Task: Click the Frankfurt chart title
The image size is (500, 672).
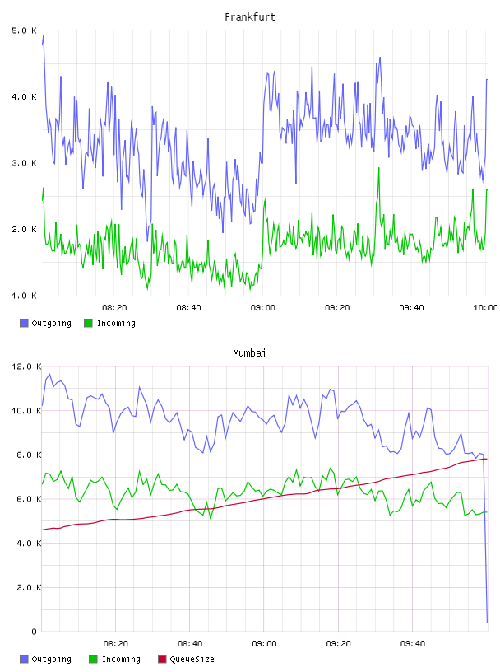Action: click(250, 17)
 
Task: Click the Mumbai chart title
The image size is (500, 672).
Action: click(249, 353)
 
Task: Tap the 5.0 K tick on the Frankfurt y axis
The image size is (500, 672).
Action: click(25, 30)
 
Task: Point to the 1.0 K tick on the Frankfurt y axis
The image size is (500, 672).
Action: click(25, 296)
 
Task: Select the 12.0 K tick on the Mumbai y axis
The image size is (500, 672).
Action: click(26, 366)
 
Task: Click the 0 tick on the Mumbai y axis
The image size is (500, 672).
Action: click(35, 632)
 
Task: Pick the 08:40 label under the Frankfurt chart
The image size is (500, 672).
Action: click(189, 308)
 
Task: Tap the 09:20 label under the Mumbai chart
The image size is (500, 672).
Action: click(338, 644)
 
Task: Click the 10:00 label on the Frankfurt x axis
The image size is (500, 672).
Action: click(485, 308)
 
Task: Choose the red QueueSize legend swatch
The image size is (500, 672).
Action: click(162, 659)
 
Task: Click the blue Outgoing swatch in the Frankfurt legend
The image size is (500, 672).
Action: click(24, 323)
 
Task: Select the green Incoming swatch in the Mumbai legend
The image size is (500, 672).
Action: click(93, 659)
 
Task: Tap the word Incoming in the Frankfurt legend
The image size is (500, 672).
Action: click(117, 324)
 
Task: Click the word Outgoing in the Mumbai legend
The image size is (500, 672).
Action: click(51, 659)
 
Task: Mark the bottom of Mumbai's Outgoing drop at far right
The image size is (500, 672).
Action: click(487, 623)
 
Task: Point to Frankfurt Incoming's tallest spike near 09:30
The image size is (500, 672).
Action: click(379, 168)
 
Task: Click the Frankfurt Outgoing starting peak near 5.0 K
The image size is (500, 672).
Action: click(44, 36)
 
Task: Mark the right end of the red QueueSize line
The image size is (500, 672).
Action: click(487, 459)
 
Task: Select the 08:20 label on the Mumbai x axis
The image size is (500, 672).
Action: click(116, 644)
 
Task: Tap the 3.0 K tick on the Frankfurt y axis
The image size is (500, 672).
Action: click(25, 163)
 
